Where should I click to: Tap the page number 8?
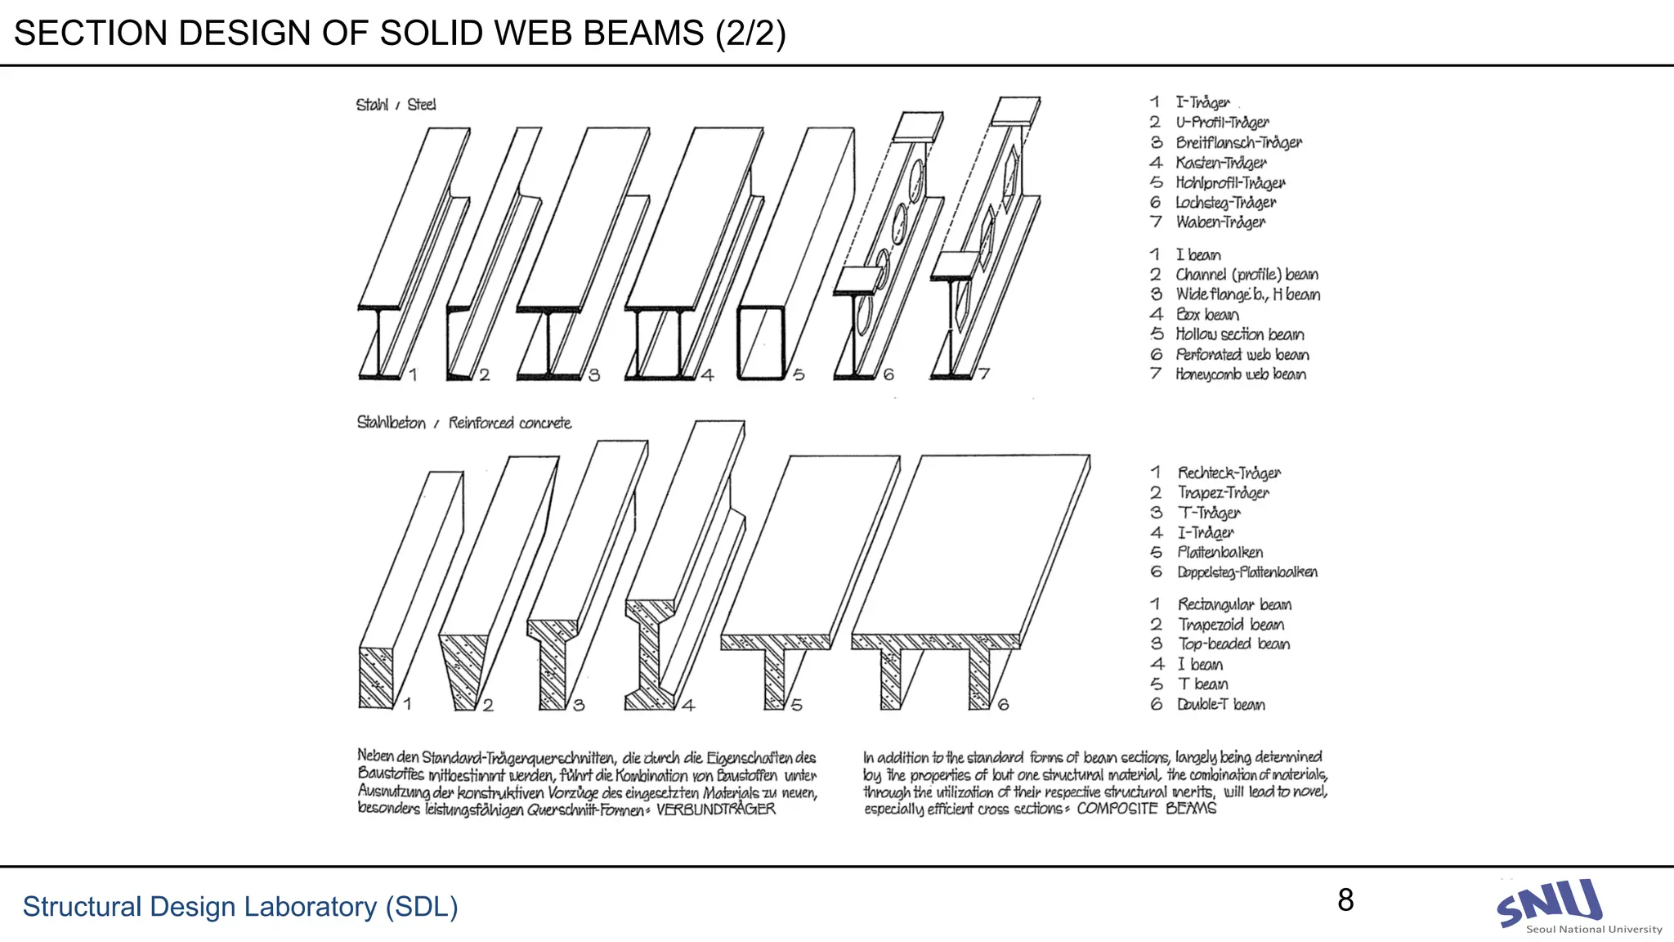pyautogui.click(x=1345, y=900)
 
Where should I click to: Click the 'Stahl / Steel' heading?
pyautogui.click(x=396, y=105)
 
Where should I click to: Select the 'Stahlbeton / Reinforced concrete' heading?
pyautogui.click(x=463, y=423)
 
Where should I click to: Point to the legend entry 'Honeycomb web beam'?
pyautogui.click(x=1240, y=375)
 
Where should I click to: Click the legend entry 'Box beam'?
pyautogui.click(x=1206, y=315)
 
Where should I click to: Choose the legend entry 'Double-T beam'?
pyautogui.click(x=1220, y=705)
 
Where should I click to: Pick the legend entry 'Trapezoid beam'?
pyautogui.click(x=1230, y=625)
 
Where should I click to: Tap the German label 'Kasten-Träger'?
pyautogui.click(x=1220, y=163)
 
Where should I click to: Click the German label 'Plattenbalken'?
pyautogui.click(x=1220, y=553)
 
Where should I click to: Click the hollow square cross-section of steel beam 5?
pyautogui.click(x=761, y=343)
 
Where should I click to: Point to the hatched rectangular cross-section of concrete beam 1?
pyautogui.click(x=376, y=678)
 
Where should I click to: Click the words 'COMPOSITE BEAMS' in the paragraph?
pyautogui.click(x=1146, y=809)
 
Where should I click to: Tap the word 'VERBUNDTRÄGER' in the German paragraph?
pyautogui.click(x=715, y=810)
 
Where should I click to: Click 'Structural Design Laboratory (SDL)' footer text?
pyautogui.click(x=240, y=907)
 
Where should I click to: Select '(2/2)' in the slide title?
pyautogui.click(x=750, y=34)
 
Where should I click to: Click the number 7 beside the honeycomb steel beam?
pyautogui.click(x=984, y=374)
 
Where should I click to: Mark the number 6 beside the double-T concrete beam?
pyautogui.click(x=1003, y=704)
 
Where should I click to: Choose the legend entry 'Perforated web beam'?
pyautogui.click(x=1242, y=355)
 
